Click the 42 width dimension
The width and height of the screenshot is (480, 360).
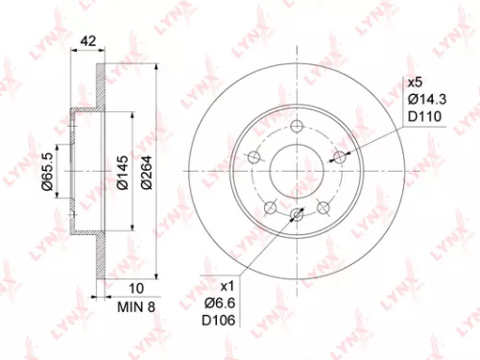[x=86, y=41]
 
